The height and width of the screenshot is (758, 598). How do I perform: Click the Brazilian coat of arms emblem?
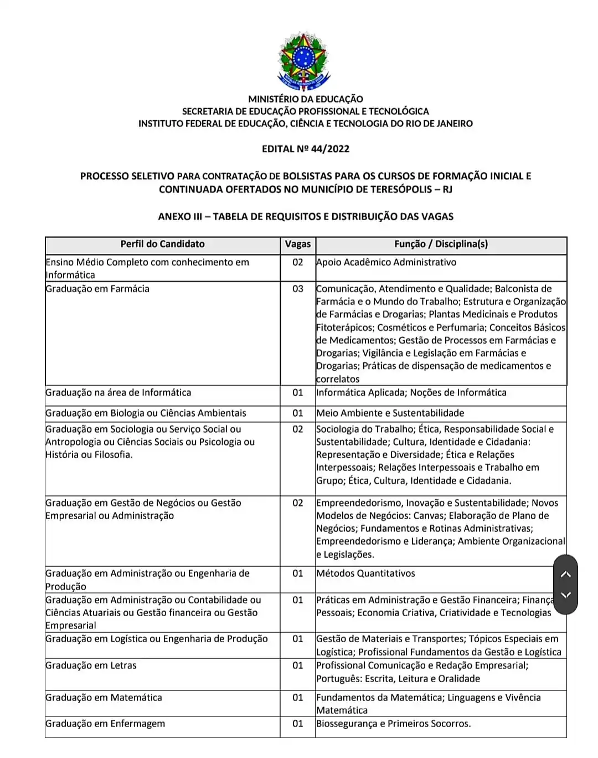(303, 61)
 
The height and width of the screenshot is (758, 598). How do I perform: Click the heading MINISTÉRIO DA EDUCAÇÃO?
(306, 99)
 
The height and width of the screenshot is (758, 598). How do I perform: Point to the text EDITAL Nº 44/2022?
(306, 148)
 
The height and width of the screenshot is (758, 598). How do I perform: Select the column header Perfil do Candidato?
(162, 244)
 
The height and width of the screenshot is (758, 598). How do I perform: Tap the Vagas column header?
(298, 244)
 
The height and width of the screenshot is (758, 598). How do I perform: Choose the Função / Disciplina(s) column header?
(441, 244)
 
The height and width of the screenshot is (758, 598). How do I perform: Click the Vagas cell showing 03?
(298, 289)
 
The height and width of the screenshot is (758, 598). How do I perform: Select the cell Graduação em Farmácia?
(97, 289)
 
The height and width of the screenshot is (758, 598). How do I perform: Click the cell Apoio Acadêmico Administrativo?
(386, 262)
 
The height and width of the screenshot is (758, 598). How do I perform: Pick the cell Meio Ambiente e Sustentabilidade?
(390, 413)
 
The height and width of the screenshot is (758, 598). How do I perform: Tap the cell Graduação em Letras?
(91, 665)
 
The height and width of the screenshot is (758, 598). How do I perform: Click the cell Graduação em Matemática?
(104, 698)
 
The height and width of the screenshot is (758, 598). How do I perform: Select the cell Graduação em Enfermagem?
(105, 724)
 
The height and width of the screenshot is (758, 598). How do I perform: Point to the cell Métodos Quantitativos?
(365, 573)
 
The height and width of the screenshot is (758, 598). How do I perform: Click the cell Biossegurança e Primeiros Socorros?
(393, 724)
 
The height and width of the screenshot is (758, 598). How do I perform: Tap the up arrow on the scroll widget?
(565, 574)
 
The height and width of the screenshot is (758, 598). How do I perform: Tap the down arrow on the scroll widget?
(565, 595)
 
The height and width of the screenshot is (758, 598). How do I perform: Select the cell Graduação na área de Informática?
(118, 393)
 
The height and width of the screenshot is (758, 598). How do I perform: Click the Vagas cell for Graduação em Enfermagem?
(298, 724)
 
